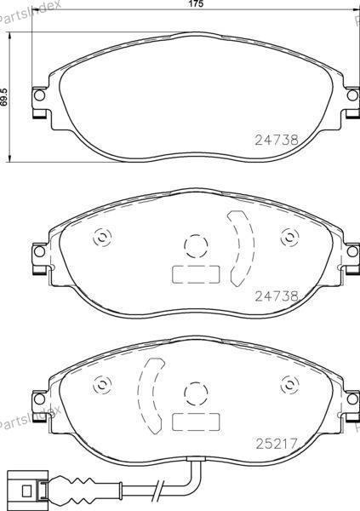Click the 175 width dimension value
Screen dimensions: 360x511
pyautogui.click(x=196, y=4)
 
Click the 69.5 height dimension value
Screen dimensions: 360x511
pyautogui.click(x=4, y=97)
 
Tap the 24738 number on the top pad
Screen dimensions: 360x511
pyautogui.click(x=277, y=140)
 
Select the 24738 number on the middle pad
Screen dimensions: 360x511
pyautogui.click(x=277, y=296)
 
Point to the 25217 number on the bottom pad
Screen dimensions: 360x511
pyautogui.click(x=277, y=444)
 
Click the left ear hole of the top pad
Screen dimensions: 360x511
pyautogui.click(x=39, y=95)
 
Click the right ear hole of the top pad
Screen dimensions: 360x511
pyautogui.click(x=352, y=95)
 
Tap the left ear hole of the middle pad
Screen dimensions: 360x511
pyautogui.click(x=39, y=251)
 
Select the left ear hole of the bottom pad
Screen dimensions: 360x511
pyautogui.click(x=39, y=399)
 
